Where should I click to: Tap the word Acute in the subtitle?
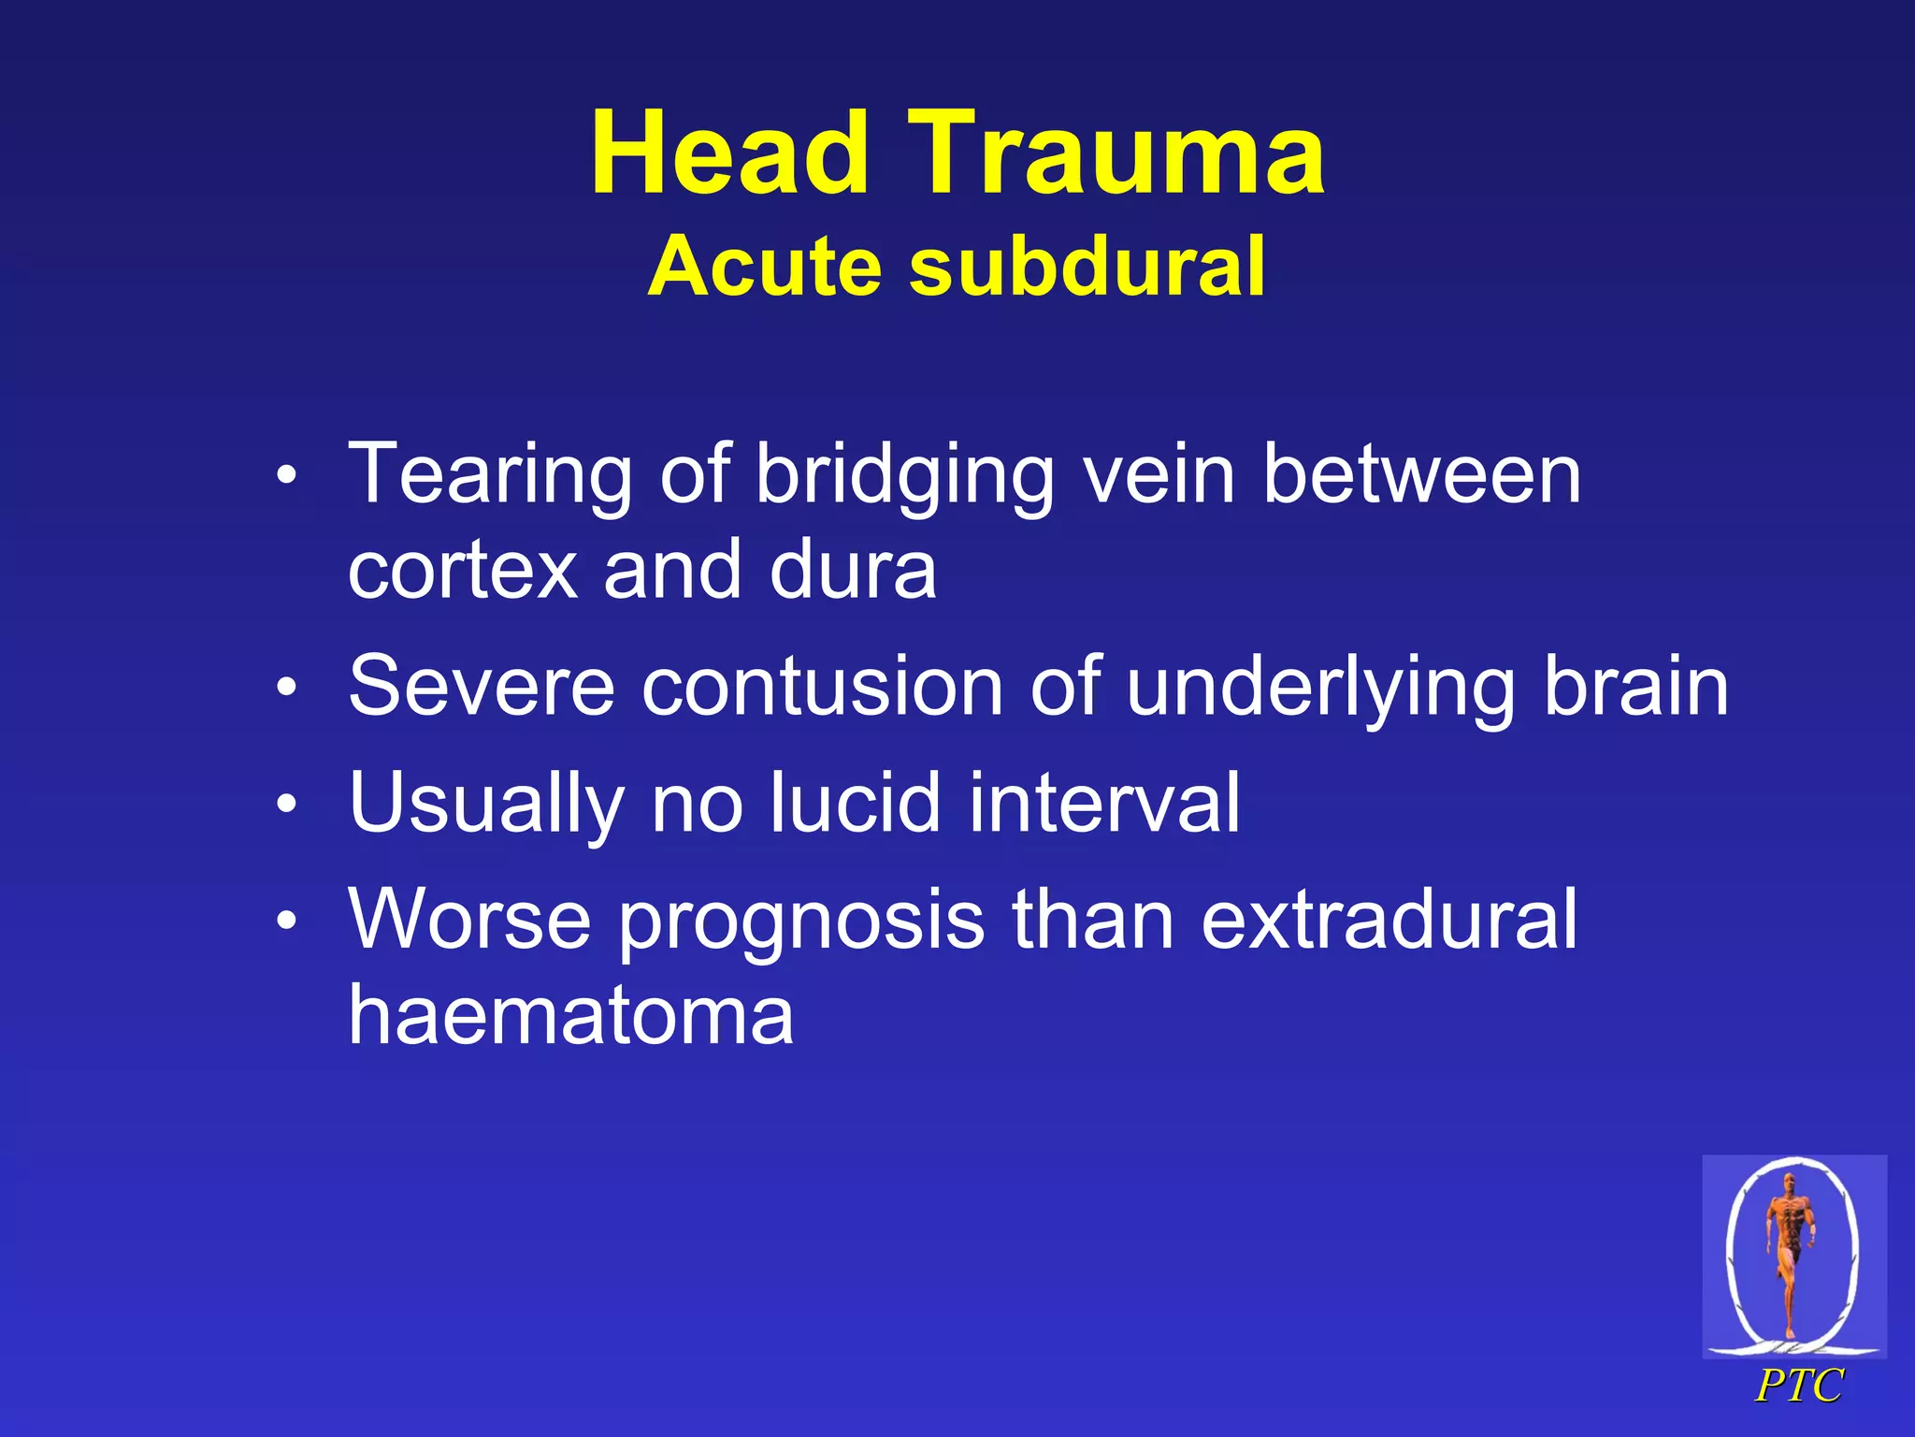pyautogui.click(x=764, y=267)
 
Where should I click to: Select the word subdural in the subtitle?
pyautogui.click(x=1087, y=267)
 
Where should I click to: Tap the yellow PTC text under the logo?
pyautogui.click(x=1798, y=1386)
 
